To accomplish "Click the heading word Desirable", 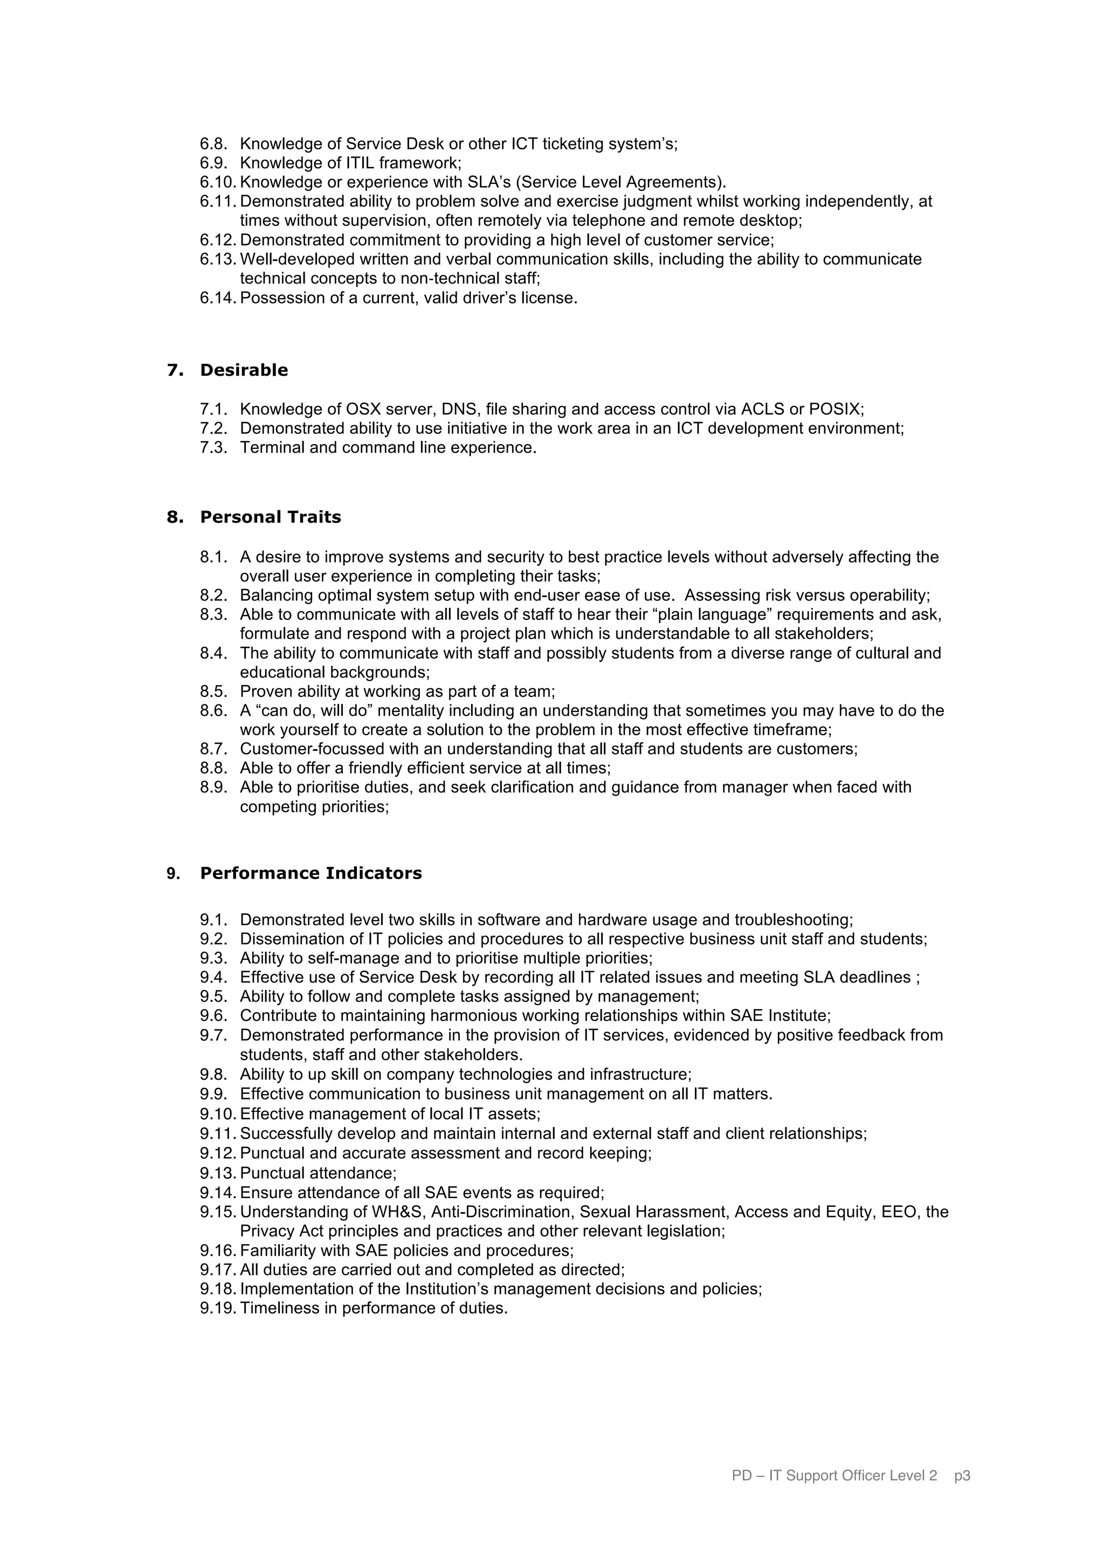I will click(244, 370).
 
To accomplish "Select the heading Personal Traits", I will click(270, 517).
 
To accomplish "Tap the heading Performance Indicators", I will click(311, 874).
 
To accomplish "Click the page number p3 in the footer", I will click(962, 1495).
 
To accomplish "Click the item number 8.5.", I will click(213, 692).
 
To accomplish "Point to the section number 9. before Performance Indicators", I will click(173, 874).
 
